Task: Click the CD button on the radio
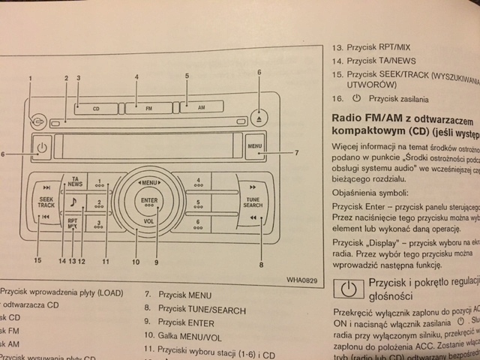[96, 108]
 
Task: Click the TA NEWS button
[74, 181]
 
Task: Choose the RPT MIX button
[72, 223]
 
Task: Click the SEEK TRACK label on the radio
[46, 202]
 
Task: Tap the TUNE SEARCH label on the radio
[253, 202]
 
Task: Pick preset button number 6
[198, 223]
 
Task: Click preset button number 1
[100, 182]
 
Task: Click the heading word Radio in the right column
[347, 119]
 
